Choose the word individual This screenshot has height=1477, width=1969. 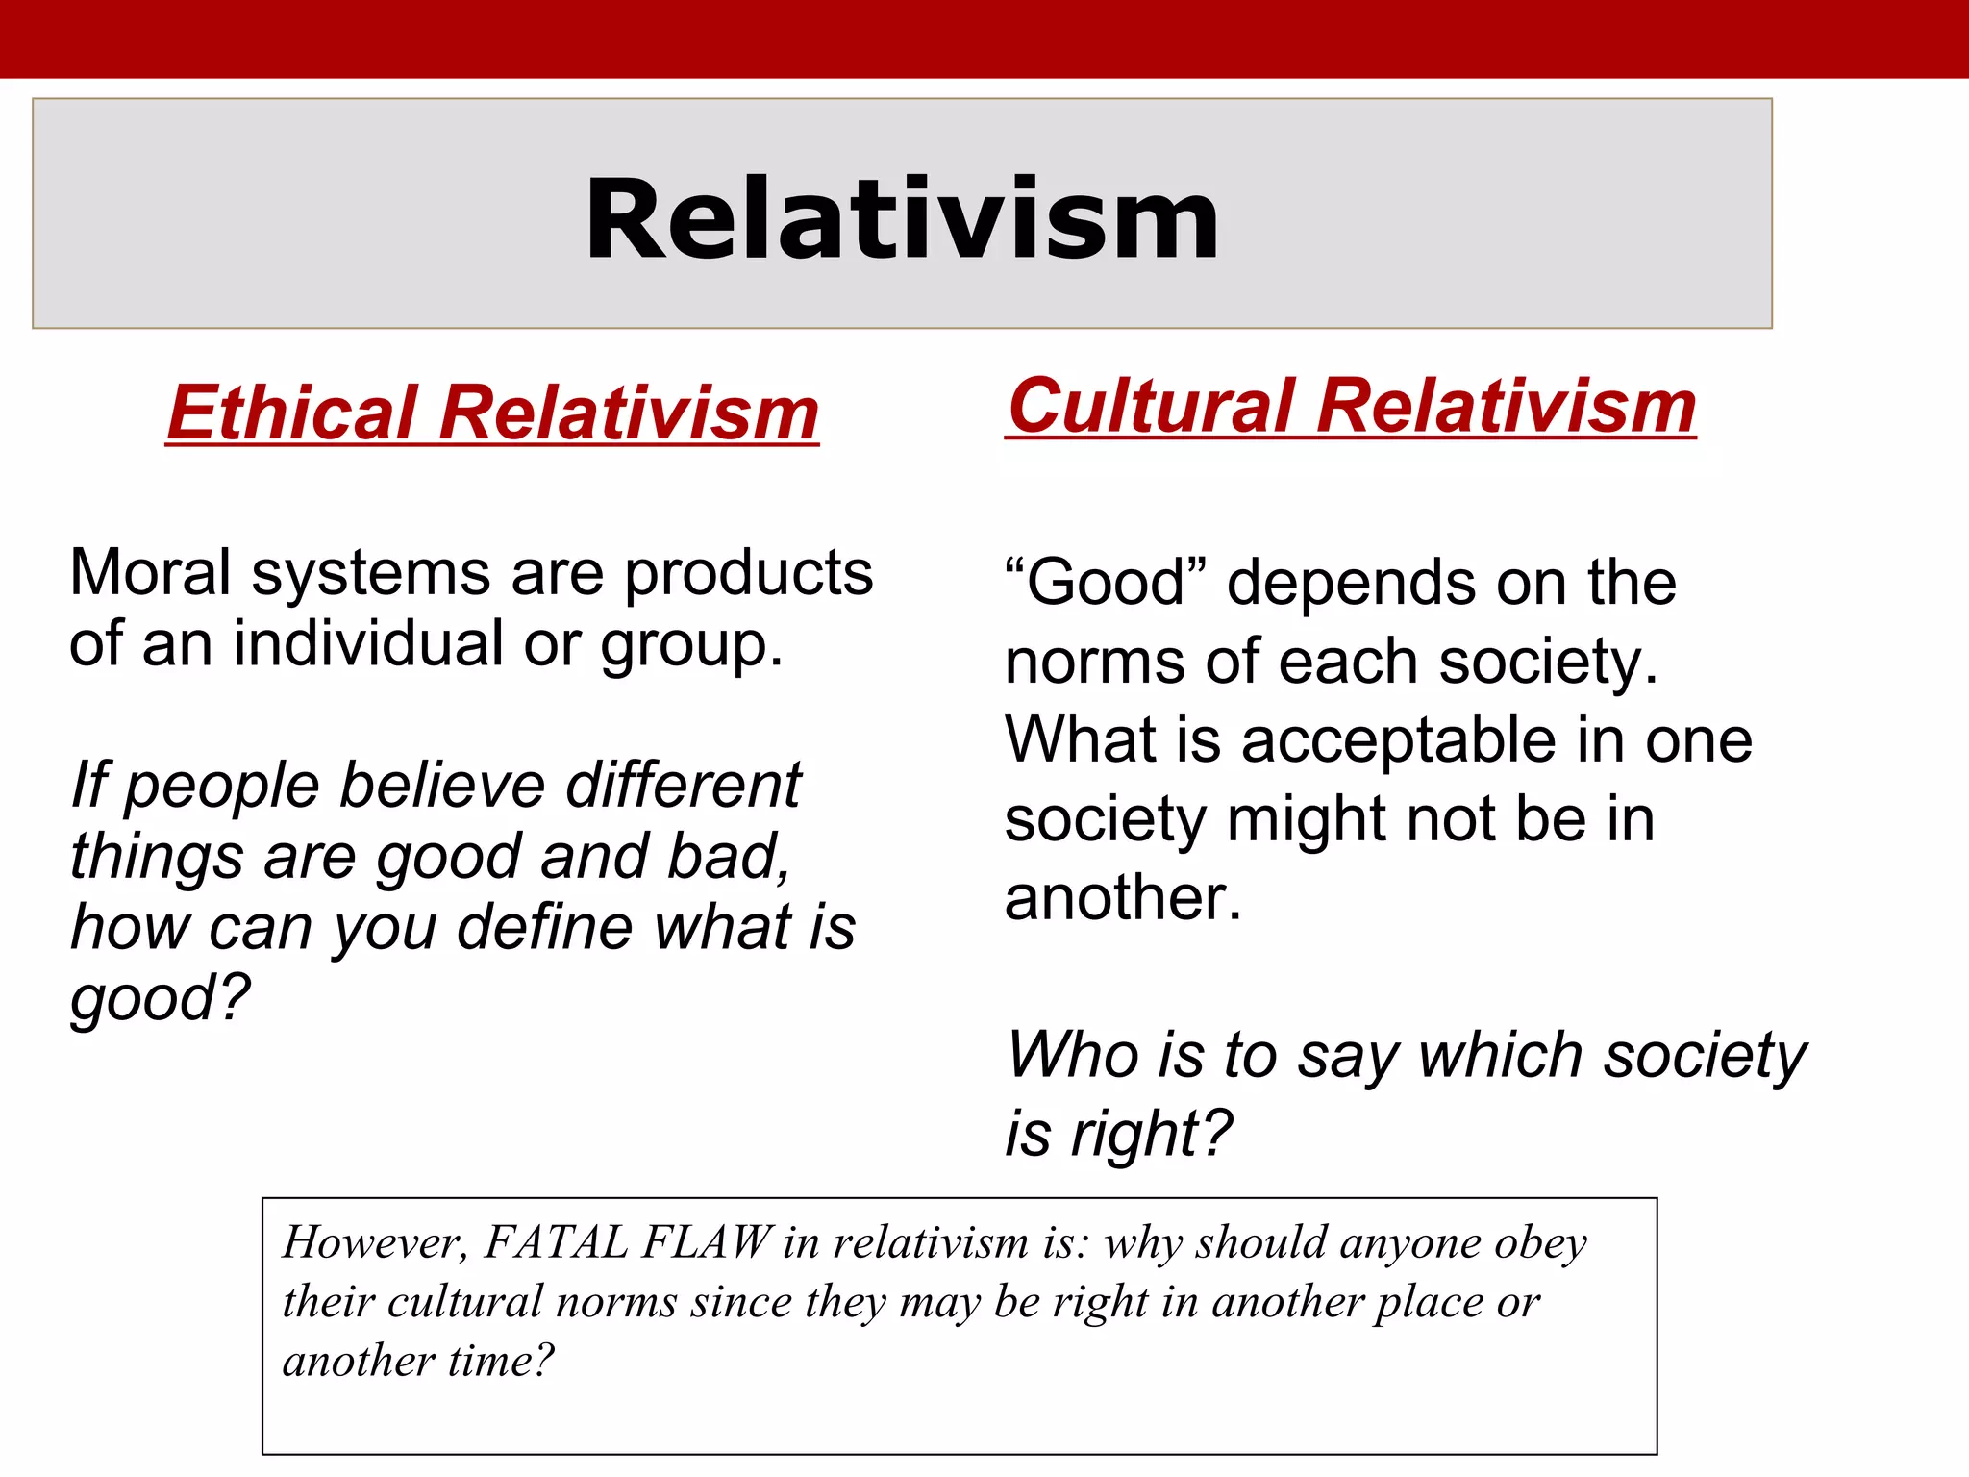[368, 643]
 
